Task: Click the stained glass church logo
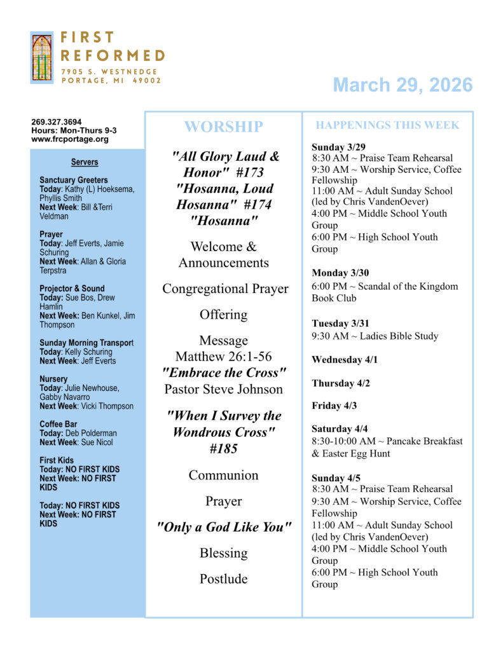click(41, 58)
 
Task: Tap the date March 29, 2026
click(403, 85)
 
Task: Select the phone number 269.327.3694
click(57, 122)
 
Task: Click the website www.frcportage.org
click(70, 139)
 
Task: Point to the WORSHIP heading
click(223, 127)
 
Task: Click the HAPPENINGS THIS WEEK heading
click(387, 125)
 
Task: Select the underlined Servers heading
click(85, 162)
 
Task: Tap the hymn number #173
click(246, 172)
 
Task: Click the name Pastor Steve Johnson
click(223, 388)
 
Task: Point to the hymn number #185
click(223, 448)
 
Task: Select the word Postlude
click(223, 579)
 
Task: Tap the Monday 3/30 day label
click(340, 273)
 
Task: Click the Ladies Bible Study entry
click(375, 336)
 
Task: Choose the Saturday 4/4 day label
click(340, 428)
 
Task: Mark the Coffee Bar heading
click(59, 424)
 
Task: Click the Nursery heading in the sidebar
click(53, 379)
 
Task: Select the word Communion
click(223, 475)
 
